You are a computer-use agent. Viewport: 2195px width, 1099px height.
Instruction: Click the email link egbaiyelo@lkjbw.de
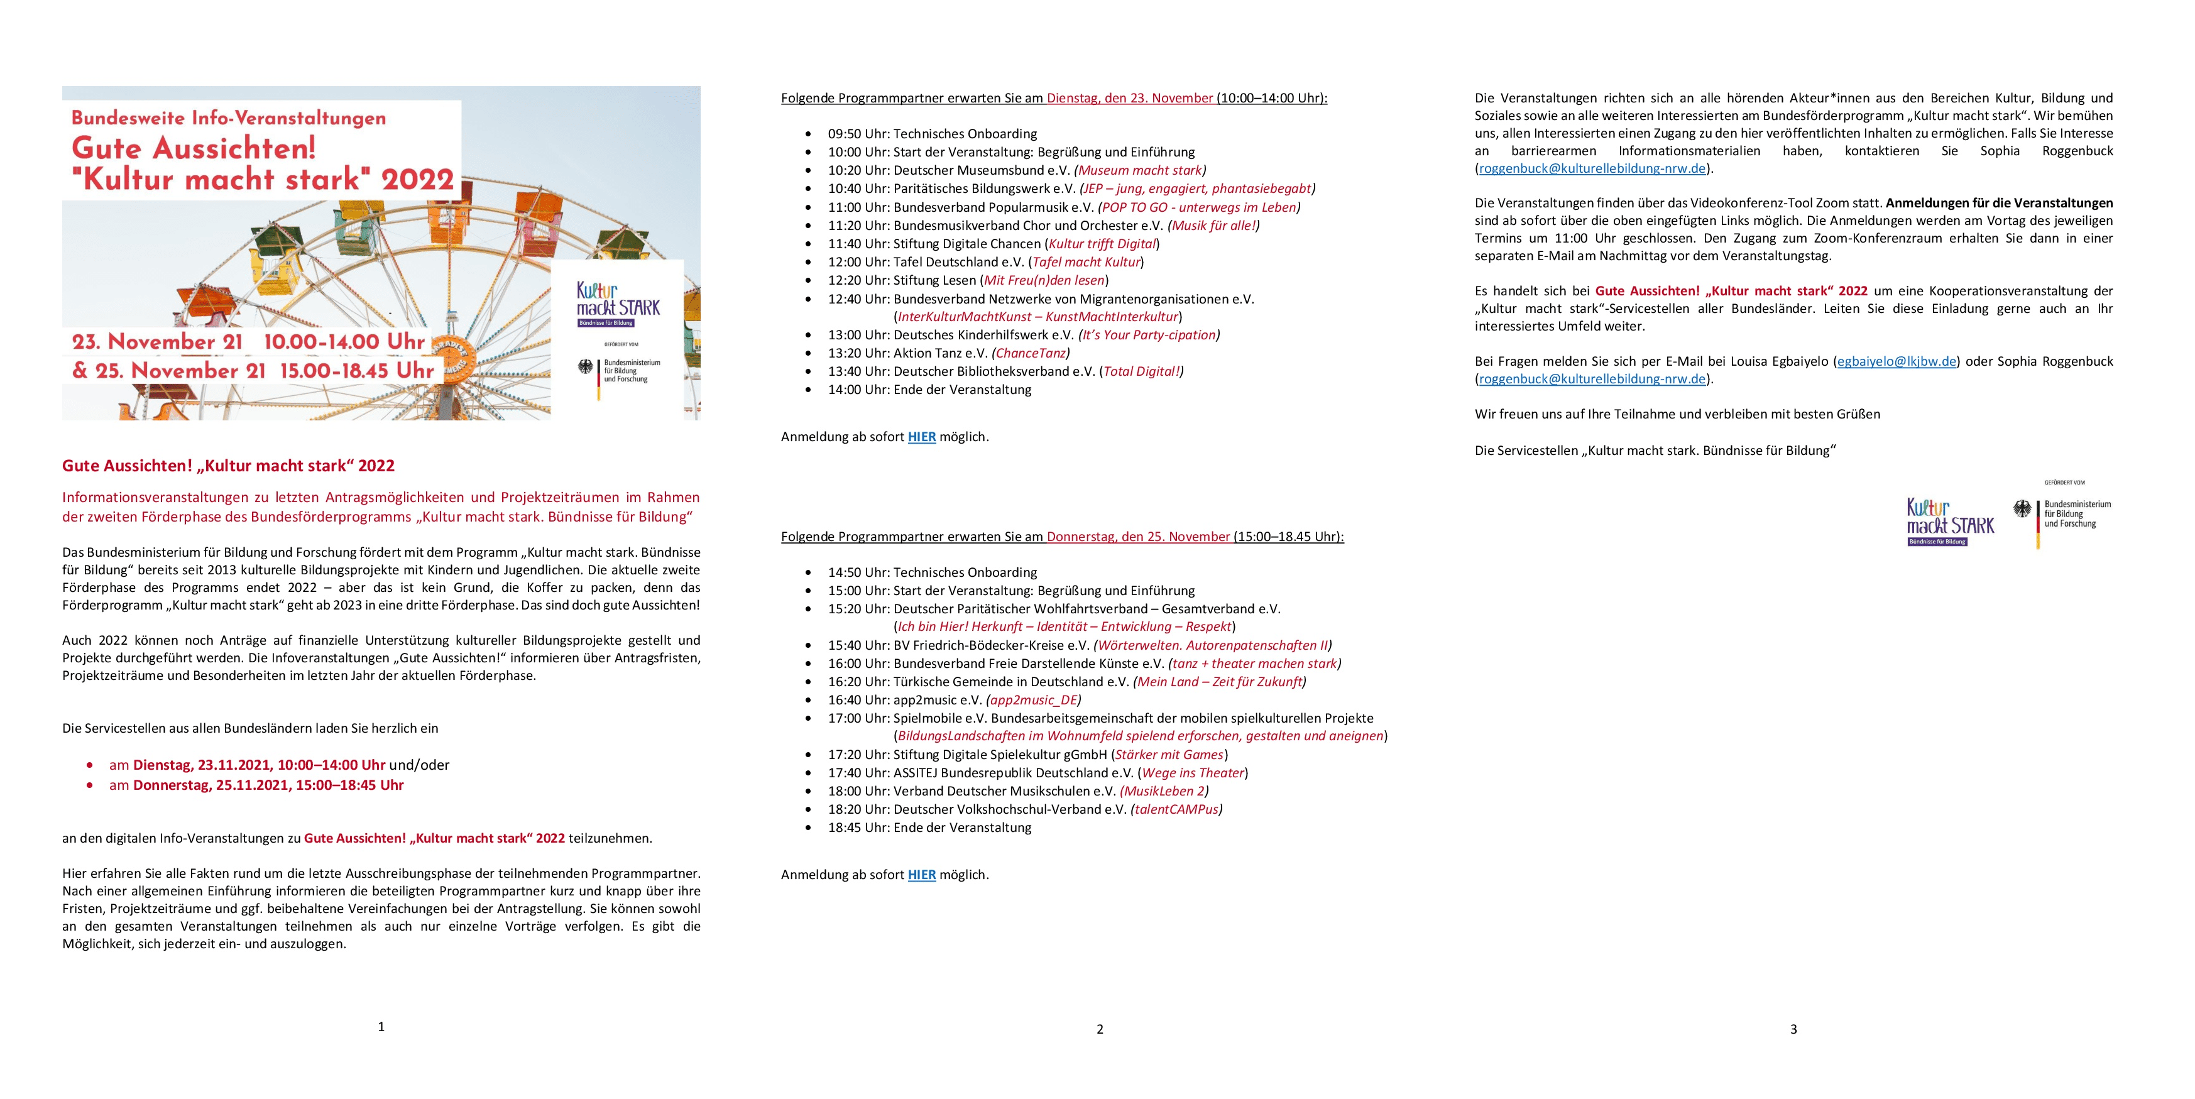click(x=1897, y=361)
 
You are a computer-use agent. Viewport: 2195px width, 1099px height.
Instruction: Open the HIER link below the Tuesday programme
click(x=921, y=437)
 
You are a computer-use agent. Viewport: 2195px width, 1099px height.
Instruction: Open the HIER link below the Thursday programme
click(x=921, y=875)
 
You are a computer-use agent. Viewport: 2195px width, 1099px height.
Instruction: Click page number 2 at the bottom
click(x=1099, y=1029)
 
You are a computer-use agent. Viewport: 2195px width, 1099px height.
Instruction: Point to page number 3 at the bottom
click(x=1793, y=1029)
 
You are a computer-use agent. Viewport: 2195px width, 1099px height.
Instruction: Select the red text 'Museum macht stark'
click(x=1139, y=170)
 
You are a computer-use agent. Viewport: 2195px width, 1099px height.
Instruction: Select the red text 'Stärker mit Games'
click(x=1169, y=755)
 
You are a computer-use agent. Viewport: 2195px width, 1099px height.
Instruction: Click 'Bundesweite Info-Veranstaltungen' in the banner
click(x=228, y=118)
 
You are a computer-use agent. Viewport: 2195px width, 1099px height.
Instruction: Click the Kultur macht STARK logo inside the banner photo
click(x=618, y=304)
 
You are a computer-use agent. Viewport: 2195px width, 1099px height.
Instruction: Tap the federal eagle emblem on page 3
click(x=2022, y=510)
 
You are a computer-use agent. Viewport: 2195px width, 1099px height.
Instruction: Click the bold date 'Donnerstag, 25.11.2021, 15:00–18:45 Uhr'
click(x=268, y=785)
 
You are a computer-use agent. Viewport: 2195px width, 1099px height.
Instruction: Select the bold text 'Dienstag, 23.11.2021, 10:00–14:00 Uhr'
click(x=259, y=765)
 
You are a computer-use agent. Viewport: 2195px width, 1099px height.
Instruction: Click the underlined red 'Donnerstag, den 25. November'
click(x=1137, y=537)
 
